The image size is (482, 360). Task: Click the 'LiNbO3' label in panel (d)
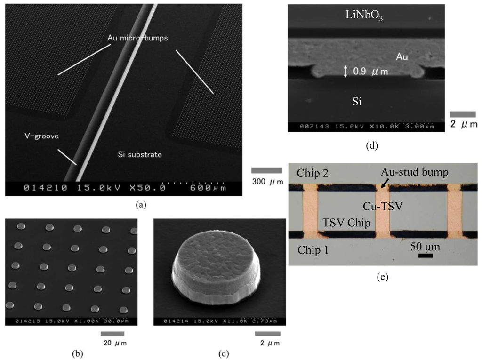(365, 16)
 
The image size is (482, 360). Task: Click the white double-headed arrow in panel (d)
(346, 72)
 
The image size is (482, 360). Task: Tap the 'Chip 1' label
(313, 250)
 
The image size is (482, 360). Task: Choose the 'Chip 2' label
(313, 173)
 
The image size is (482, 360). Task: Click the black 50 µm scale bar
(425, 256)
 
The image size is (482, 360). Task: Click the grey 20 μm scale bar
(112, 334)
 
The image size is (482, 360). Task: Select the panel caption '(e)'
(383, 277)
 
